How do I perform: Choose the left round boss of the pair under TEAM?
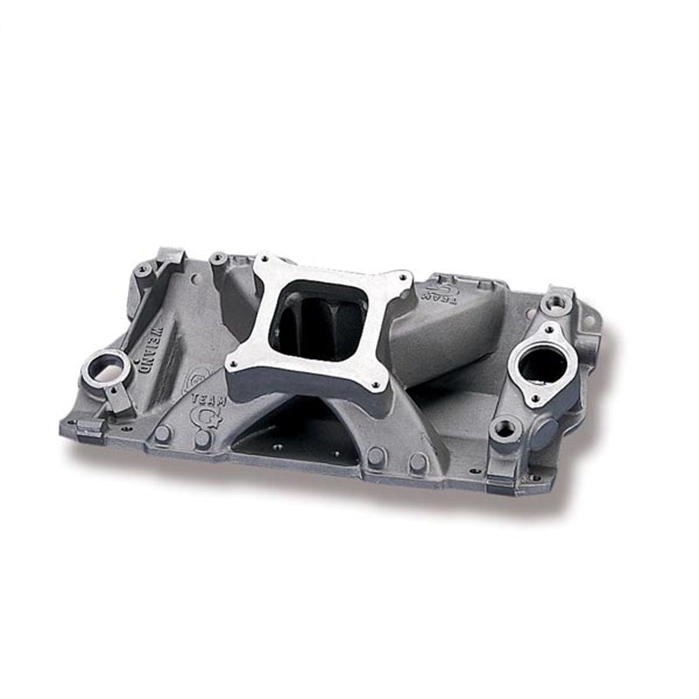pos(164,430)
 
